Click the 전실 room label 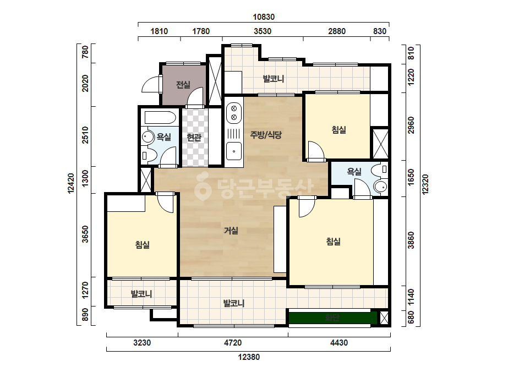click(183, 85)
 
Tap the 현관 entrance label click(194, 138)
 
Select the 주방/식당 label click(266, 135)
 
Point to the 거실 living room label click(231, 231)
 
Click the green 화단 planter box click(333, 318)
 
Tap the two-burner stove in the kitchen click(234, 113)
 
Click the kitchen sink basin click(233, 151)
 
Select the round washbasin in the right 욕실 click(380, 187)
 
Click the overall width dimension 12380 click(249, 357)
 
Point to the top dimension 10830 click(264, 17)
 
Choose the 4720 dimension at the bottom click(233, 342)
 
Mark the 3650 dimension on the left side click(85, 234)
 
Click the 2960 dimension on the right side click(411, 125)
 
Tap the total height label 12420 click(71, 184)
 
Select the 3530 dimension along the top click(263, 31)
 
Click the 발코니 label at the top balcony click(274, 79)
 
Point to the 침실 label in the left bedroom click(143, 245)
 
